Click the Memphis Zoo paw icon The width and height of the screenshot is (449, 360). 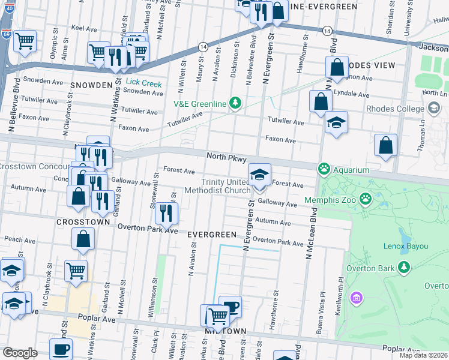(x=365, y=198)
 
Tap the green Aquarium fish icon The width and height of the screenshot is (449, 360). (x=325, y=169)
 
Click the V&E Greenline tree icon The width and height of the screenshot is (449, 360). (x=235, y=104)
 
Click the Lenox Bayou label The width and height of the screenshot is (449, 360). (x=405, y=246)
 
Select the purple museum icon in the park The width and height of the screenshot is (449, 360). (x=357, y=298)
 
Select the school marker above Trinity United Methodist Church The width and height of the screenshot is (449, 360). (x=259, y=175)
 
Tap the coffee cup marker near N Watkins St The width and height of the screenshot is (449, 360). (x=60, y=349)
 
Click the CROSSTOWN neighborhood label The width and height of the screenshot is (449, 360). (x=83, y=221)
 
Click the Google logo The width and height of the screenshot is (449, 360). (x=20, y=353)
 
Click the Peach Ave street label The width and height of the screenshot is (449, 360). (x=16, y=239)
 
